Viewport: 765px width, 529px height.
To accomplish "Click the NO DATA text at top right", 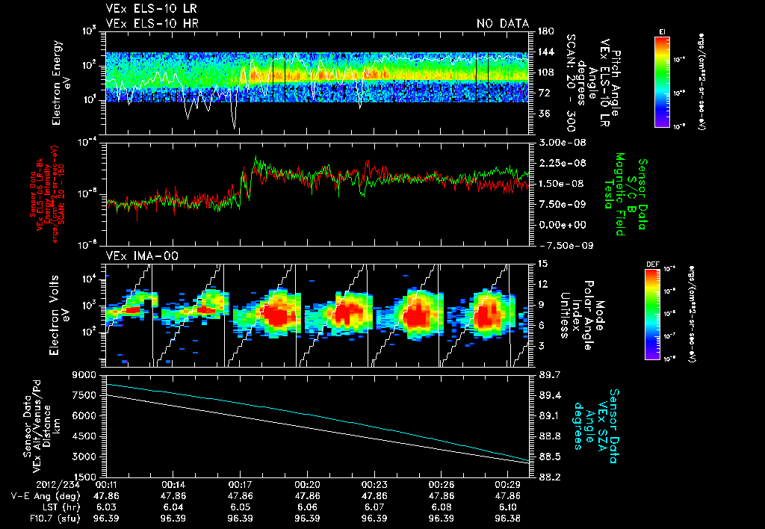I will click(503, 23).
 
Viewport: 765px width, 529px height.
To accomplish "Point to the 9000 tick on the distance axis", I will click(90, 374).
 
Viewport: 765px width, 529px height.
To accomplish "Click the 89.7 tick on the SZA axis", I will click(548, 374).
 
